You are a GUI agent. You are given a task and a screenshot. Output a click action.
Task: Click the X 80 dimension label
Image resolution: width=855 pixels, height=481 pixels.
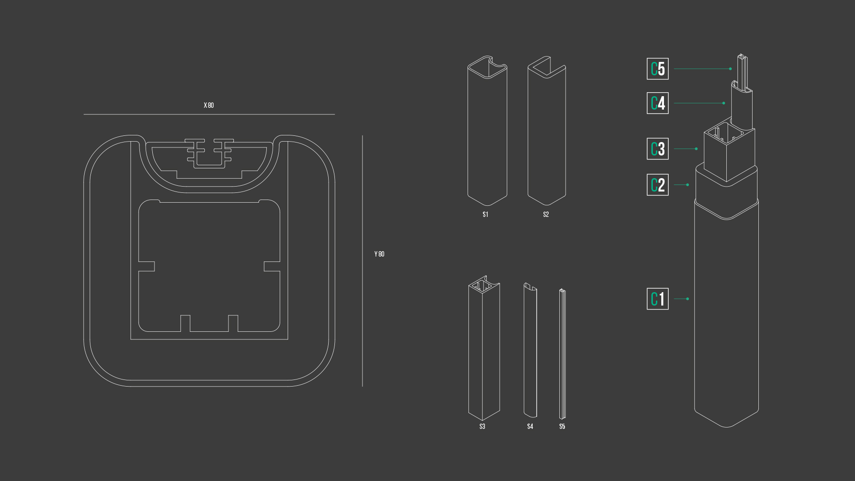pos(209,106)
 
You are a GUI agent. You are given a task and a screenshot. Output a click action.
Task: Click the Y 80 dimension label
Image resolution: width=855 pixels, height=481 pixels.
pos(379,254)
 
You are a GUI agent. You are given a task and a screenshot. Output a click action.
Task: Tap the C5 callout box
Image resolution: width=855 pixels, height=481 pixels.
pos(658,69)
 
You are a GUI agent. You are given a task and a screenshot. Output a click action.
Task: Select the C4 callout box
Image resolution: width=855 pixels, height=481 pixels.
pos(658,103)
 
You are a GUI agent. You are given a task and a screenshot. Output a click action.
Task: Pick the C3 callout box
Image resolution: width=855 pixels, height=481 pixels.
pos(658,149)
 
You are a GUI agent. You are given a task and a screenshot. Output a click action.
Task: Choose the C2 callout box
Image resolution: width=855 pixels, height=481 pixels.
pos(658,185)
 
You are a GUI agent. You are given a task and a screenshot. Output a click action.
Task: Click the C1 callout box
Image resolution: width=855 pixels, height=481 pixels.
pos(658,299)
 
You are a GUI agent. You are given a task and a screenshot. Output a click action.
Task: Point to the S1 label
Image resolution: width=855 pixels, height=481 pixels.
pos(485,215)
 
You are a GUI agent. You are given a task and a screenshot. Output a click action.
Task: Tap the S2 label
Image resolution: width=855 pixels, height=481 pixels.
pos(546,215)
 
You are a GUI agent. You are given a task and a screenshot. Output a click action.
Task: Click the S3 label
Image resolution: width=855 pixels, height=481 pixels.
pos(482,427)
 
